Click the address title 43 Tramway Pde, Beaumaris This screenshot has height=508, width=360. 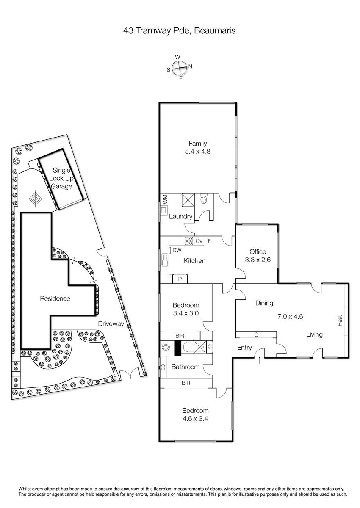(x=179, y=30)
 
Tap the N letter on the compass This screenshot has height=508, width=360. (x=190, y=66)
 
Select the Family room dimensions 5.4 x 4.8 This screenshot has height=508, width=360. (x=198, y=151)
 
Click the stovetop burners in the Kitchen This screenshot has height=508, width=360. (x=189, y=240)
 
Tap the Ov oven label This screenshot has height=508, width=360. (x=199, y=241)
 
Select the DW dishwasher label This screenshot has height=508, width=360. (x=177, y=250)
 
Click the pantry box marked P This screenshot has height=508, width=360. (x=180, y=279)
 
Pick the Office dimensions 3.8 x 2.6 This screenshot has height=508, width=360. (x=258, y=260)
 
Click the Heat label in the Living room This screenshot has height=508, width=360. (x=340, y=321)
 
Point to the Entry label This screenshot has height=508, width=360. (x=244, y=348)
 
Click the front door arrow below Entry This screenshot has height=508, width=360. (x=259, y=360)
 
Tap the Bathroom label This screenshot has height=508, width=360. (x=186, y=367)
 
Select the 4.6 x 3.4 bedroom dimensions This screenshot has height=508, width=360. (x=195, y=418)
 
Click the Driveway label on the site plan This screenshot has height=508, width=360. (x=111, y=323)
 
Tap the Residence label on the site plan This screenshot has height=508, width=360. (x=55, y=298)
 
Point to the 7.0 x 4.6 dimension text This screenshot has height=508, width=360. (x=290, y=316)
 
